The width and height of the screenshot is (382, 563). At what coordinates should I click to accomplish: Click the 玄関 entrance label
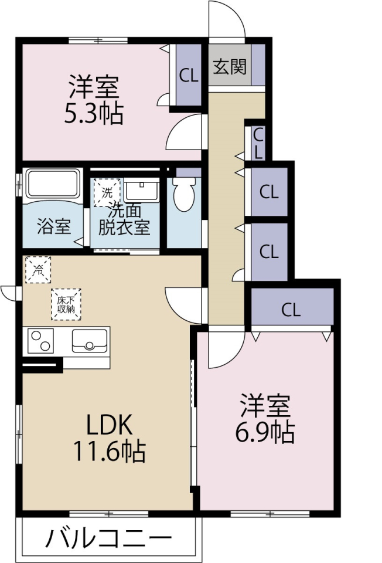click(230, 67)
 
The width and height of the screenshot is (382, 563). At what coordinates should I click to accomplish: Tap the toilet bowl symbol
click(184, 195)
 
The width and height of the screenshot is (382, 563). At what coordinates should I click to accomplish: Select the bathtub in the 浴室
click(53, 183)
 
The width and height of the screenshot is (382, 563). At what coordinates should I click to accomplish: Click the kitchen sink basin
click(89, 341)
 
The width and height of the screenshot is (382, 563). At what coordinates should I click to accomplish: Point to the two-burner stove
click(40, 341)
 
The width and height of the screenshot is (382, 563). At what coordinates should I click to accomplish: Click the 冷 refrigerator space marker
click(37, 270)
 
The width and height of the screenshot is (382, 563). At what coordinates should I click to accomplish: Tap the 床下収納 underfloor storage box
click(66, 304)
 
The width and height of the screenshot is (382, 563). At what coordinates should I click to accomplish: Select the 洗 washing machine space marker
click(107, 193)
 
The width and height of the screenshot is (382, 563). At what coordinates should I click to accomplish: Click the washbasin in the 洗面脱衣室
click(142, 191)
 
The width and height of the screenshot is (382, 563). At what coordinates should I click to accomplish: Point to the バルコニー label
click(108, 538)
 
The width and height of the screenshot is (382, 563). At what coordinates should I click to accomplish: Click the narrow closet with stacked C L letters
click(258, 143)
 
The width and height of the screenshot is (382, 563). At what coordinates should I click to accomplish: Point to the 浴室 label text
click(54, 226)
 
